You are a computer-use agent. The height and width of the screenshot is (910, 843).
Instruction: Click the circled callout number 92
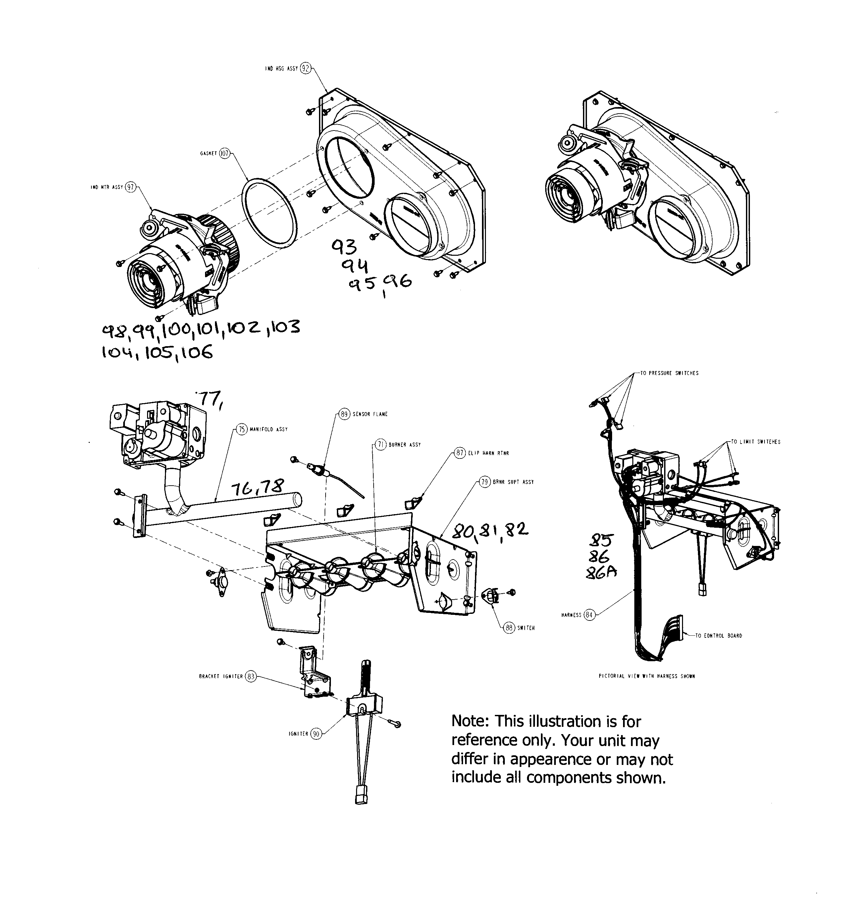click(x=306, y=69)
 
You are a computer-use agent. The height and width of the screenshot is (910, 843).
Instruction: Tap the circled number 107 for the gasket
click(x=225, y=153)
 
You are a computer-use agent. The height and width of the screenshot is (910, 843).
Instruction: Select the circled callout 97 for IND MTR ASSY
click(x=131, y=187)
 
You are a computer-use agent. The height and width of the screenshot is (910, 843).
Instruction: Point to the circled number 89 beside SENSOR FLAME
click(x=344, y=414)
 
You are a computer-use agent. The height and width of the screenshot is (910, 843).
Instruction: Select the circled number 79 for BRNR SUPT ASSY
click(x=485, y=482)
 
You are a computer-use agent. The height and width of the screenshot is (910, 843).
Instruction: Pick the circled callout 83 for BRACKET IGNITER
click(x=250, y=676)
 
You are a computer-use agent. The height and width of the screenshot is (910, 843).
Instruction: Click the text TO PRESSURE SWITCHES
click(x=669, y=373)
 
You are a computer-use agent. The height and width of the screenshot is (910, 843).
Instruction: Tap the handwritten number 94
click(x=357, y=265)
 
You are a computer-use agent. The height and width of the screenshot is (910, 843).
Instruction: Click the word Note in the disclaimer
click(x=470, y=722)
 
